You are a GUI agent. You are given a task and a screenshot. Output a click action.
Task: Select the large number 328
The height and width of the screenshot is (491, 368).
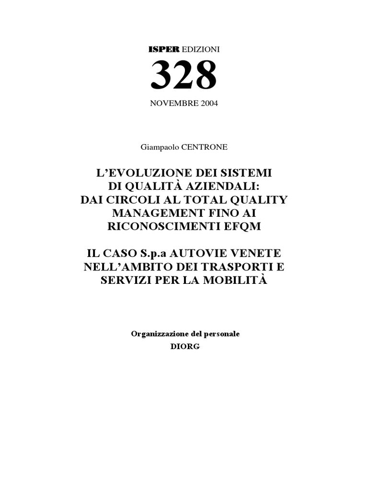point(184,76)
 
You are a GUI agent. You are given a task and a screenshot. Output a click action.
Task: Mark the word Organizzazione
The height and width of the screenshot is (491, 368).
point(158,334)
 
